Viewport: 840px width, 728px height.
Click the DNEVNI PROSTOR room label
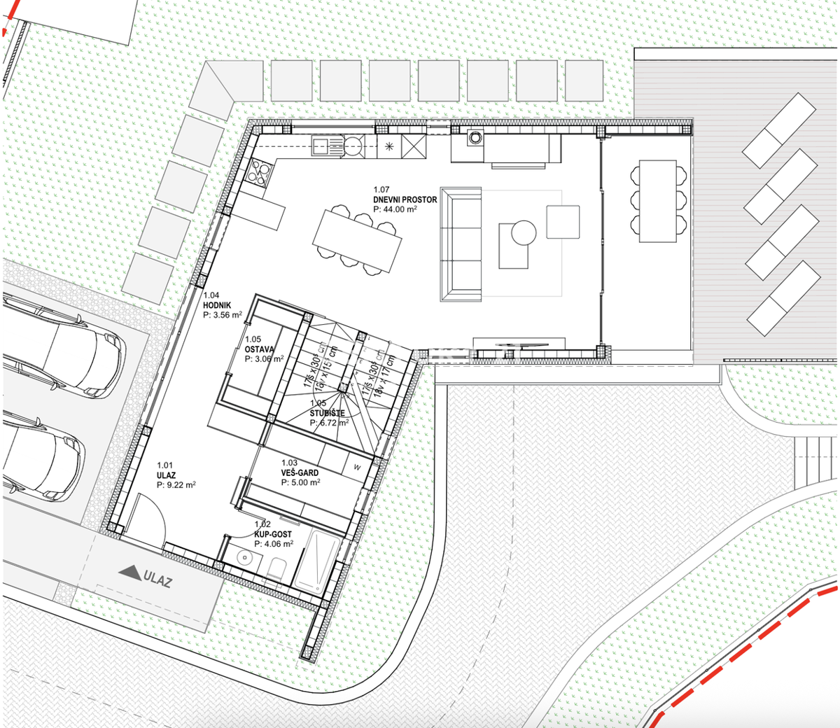405,199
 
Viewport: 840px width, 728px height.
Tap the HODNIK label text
217,305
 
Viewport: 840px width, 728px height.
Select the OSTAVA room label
260,349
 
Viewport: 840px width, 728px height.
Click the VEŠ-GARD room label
300,472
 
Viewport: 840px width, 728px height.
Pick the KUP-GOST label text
273,534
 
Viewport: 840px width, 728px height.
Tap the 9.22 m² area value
181,484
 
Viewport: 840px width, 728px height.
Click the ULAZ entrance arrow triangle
129,573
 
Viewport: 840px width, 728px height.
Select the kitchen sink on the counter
322,146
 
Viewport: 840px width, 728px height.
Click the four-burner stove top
259,172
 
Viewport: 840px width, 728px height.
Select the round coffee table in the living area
523,232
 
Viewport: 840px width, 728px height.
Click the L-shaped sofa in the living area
461,244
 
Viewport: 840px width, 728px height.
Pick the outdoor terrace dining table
657,201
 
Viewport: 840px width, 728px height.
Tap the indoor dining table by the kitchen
357,241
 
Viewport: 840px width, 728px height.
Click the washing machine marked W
357,467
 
